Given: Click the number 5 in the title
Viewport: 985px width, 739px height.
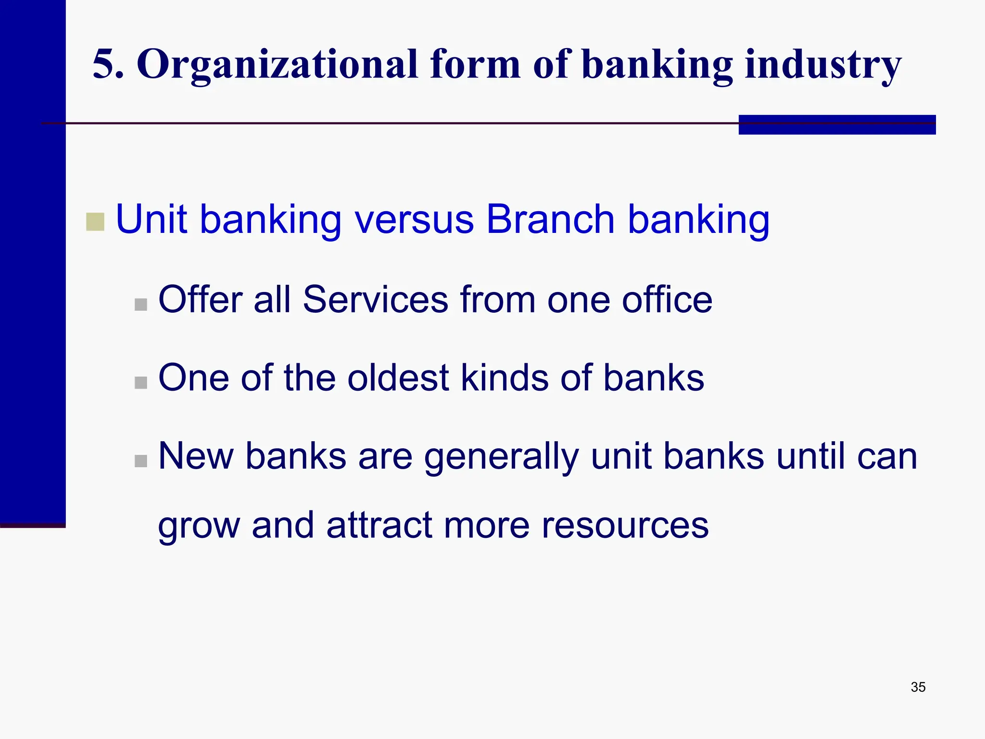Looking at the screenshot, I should click(107, 64).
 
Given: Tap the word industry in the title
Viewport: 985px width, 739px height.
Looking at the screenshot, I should click(823, 65).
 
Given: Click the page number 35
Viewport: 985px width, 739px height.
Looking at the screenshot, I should click(918, 687).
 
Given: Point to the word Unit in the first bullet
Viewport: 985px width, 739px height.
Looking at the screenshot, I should click(151, 219).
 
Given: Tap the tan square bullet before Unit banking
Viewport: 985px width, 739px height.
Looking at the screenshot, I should click(95, 222).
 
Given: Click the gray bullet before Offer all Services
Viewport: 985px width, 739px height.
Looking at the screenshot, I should click(141, 305).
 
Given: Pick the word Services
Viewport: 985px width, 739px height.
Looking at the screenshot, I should click(376, 299).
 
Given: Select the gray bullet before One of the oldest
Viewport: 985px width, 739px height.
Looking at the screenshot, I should click(141, 382).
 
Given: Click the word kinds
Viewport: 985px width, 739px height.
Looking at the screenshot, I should click(505, 378).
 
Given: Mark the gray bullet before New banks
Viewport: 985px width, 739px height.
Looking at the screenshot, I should click(141, 461).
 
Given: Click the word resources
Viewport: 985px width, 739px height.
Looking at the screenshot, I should click(625, 525).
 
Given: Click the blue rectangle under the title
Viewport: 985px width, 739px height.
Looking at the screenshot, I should click(837, 125).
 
